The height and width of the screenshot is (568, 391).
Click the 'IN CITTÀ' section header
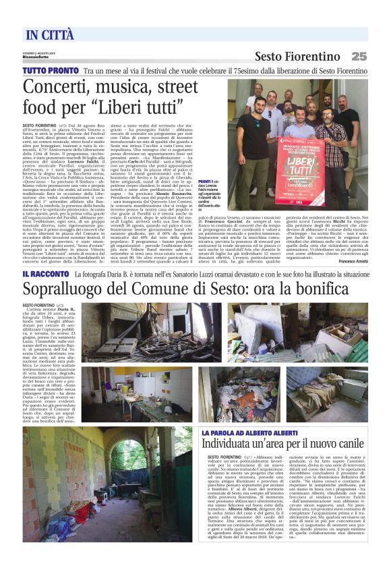coord(51,34)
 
